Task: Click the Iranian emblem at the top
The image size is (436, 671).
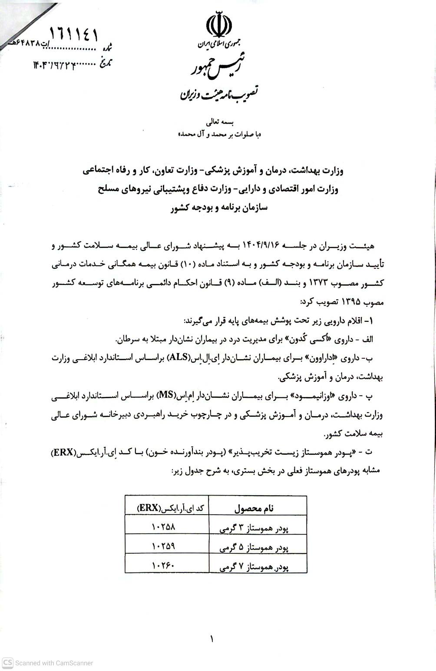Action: coord(218,26)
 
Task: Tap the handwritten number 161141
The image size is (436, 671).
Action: coord(74,33)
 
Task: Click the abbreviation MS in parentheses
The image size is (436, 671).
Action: coord(165,395)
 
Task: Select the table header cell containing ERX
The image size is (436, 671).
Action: coord(167,507)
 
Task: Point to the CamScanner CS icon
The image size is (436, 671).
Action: coord(7,663)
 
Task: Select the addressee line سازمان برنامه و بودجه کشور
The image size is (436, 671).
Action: coord(219,208)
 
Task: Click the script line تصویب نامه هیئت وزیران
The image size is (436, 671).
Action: coord(218,92)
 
